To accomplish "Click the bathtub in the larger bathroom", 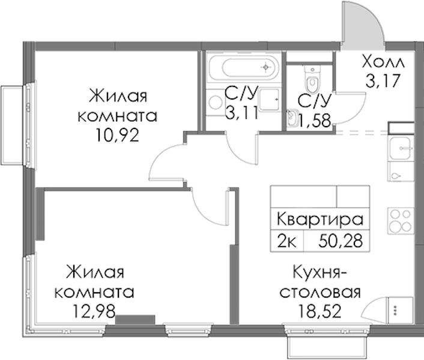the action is point(243,67).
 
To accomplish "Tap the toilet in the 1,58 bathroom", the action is point(312,79).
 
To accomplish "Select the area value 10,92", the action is point(117,136).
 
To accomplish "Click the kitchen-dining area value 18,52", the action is point(320,311).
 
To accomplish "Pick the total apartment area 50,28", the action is point(341,241).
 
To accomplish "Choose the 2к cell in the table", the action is point(287,241).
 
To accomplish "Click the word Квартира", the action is point(320,220).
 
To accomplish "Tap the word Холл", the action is point(383,62).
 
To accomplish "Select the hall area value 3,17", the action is point(383,81).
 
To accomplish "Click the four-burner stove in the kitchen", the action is point(401,221).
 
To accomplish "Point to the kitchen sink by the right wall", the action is point(401,148).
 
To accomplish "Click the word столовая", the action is point(320,292).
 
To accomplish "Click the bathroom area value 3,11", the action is point(242,113).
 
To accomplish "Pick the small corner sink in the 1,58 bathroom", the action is point(292,118).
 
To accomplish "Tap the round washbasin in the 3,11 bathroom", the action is point(216,103).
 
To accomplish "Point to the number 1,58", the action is point(315,121).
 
